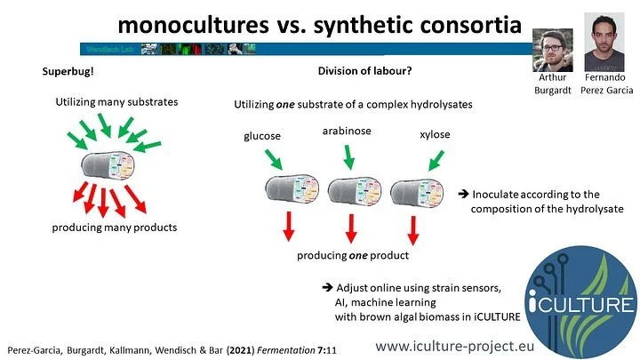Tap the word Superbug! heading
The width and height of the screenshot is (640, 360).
pyautogui.click(x=71, y=71)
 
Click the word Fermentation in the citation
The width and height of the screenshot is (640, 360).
pyautogui.click(x=266, y=342)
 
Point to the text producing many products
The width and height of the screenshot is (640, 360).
pyautogui.click(x=113, y=228)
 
